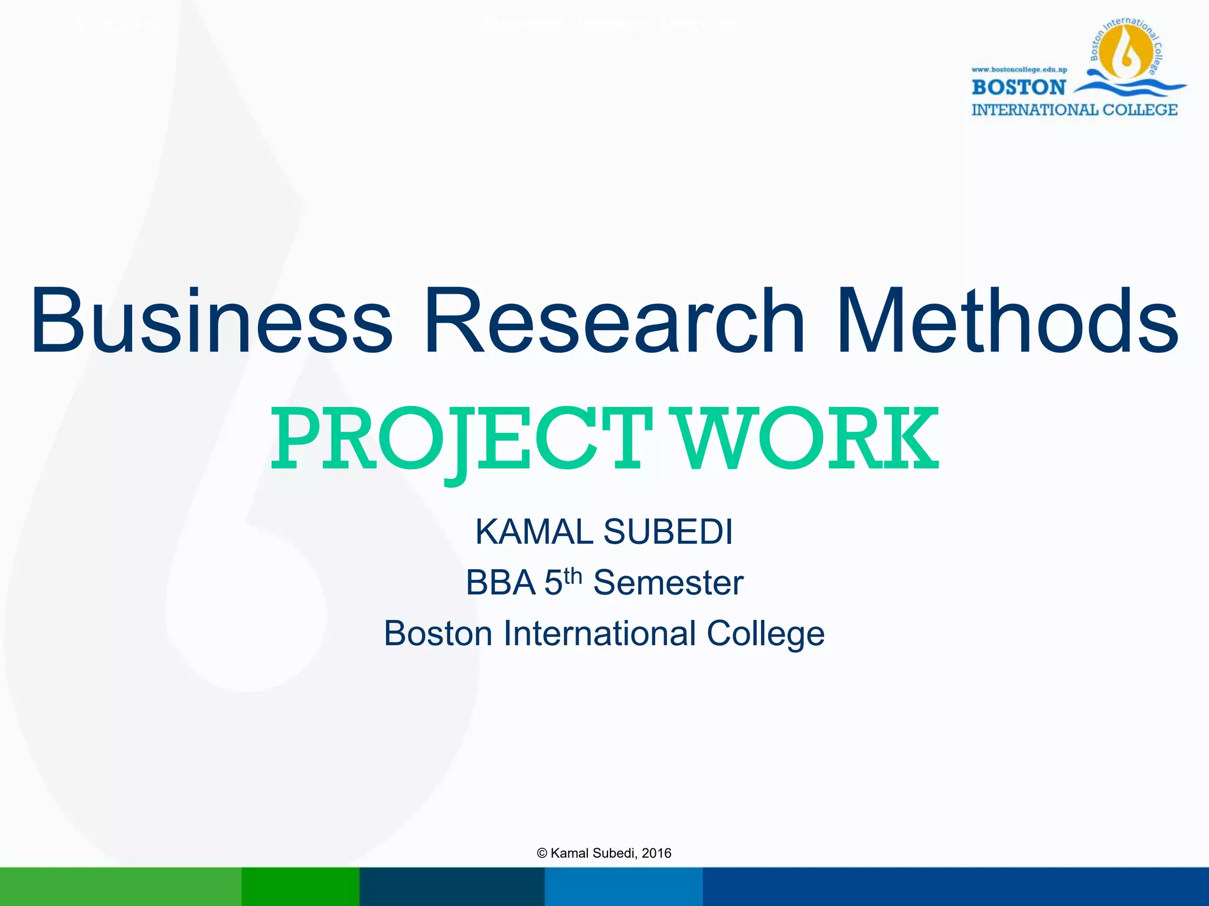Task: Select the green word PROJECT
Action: (460, 439)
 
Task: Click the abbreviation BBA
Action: (500, 583)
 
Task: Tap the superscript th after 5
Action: (573, 575)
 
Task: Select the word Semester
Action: (668, 583)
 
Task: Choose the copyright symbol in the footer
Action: (542, 853)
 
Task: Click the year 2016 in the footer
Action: (656, 853)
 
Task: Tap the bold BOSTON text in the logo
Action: (1018, 87)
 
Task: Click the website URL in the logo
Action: (1019, 70)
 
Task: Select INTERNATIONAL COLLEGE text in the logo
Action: (1074, 110)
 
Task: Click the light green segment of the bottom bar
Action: (120, 887)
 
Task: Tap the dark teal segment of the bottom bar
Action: (452, 887)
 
